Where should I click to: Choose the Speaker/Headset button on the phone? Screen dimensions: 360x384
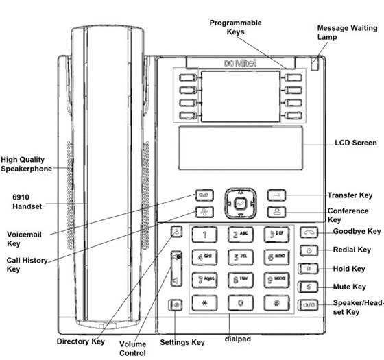click(x=308, y=304)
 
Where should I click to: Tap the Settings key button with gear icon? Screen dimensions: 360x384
click(x=176, y=304)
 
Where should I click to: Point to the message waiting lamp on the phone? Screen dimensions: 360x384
click(x=315, y=65)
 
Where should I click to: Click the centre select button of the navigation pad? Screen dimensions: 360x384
click(x=239, y=204)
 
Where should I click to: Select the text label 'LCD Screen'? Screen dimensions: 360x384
click(x=355, y=143)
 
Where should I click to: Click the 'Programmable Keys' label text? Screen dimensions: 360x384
click(x=235, y=27)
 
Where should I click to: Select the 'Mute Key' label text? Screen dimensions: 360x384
click(x=350, y=286)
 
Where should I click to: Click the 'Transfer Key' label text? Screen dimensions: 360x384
click(x=350, y=195)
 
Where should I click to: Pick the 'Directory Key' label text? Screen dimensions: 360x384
click(x=81, y=340)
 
